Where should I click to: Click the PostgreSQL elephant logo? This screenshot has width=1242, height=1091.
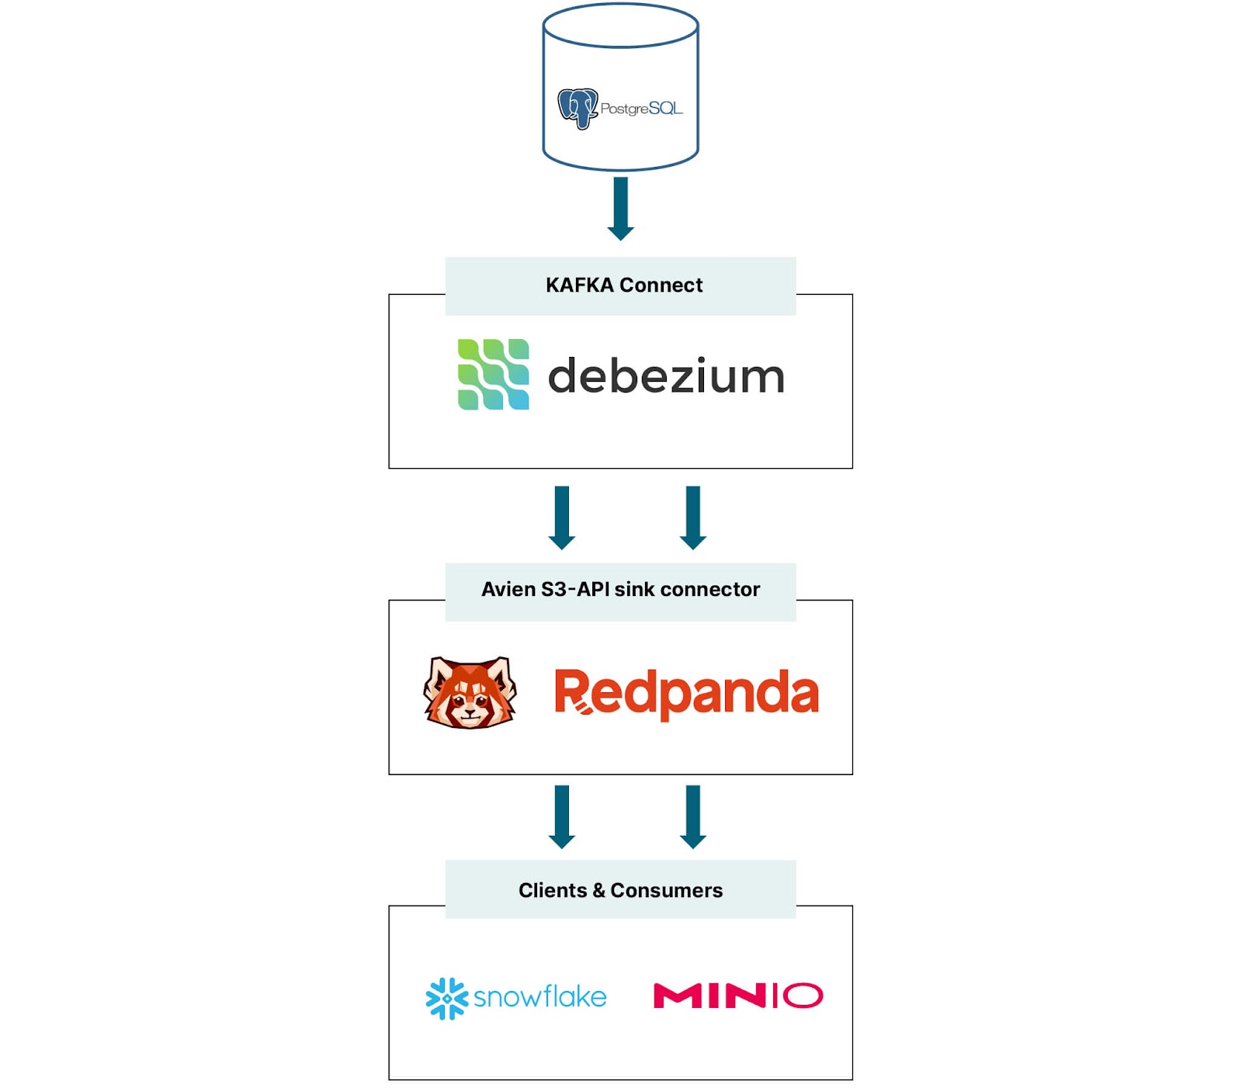[x=578, y=108]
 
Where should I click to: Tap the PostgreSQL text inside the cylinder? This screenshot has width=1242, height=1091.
[x=641, y=109]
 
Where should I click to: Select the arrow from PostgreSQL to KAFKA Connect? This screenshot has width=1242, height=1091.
[x=620, y=208]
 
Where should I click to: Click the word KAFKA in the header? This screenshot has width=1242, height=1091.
[x=579, y=286]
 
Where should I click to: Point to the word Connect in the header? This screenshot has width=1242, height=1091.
[x=661, y=286]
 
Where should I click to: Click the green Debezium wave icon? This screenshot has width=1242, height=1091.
[x=494, y=374]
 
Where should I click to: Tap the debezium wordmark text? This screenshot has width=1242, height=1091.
[x=666, y=376]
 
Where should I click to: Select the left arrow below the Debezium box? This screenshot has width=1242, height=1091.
[x=562, y=517]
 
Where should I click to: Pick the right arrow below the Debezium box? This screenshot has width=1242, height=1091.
[x=693, y=517]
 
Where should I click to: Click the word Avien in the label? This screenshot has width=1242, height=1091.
[x=508, y=590]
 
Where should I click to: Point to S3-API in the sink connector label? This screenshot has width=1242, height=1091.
[x=575, y=590]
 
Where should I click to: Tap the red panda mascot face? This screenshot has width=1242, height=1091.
[x=470, y=692]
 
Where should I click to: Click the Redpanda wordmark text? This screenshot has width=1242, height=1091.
[x=686, y=693]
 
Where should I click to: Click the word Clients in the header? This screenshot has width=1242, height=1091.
[x=553, y=891]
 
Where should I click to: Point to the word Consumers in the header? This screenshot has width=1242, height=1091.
[x=666, y=891]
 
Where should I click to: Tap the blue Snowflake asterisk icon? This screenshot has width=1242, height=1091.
[x=446, y=998]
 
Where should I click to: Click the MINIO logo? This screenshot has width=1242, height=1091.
[x=737, y=996]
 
